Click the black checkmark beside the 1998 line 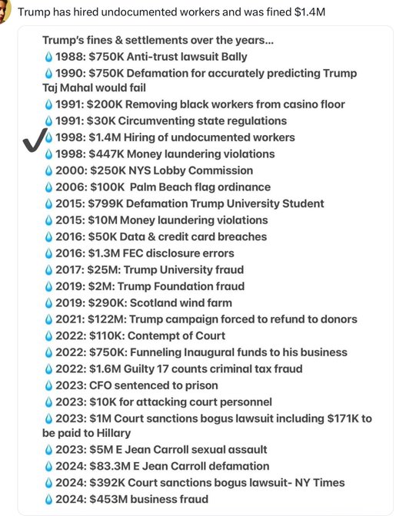[x=33, y=140]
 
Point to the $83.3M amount [x=109, y=466]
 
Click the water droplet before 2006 [x=49, y=187]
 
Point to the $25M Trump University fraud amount [x=104, y=269]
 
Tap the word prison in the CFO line [x=201, y=385]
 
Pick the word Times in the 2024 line [x=327, y=483]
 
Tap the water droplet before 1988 [x=49, y=55]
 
